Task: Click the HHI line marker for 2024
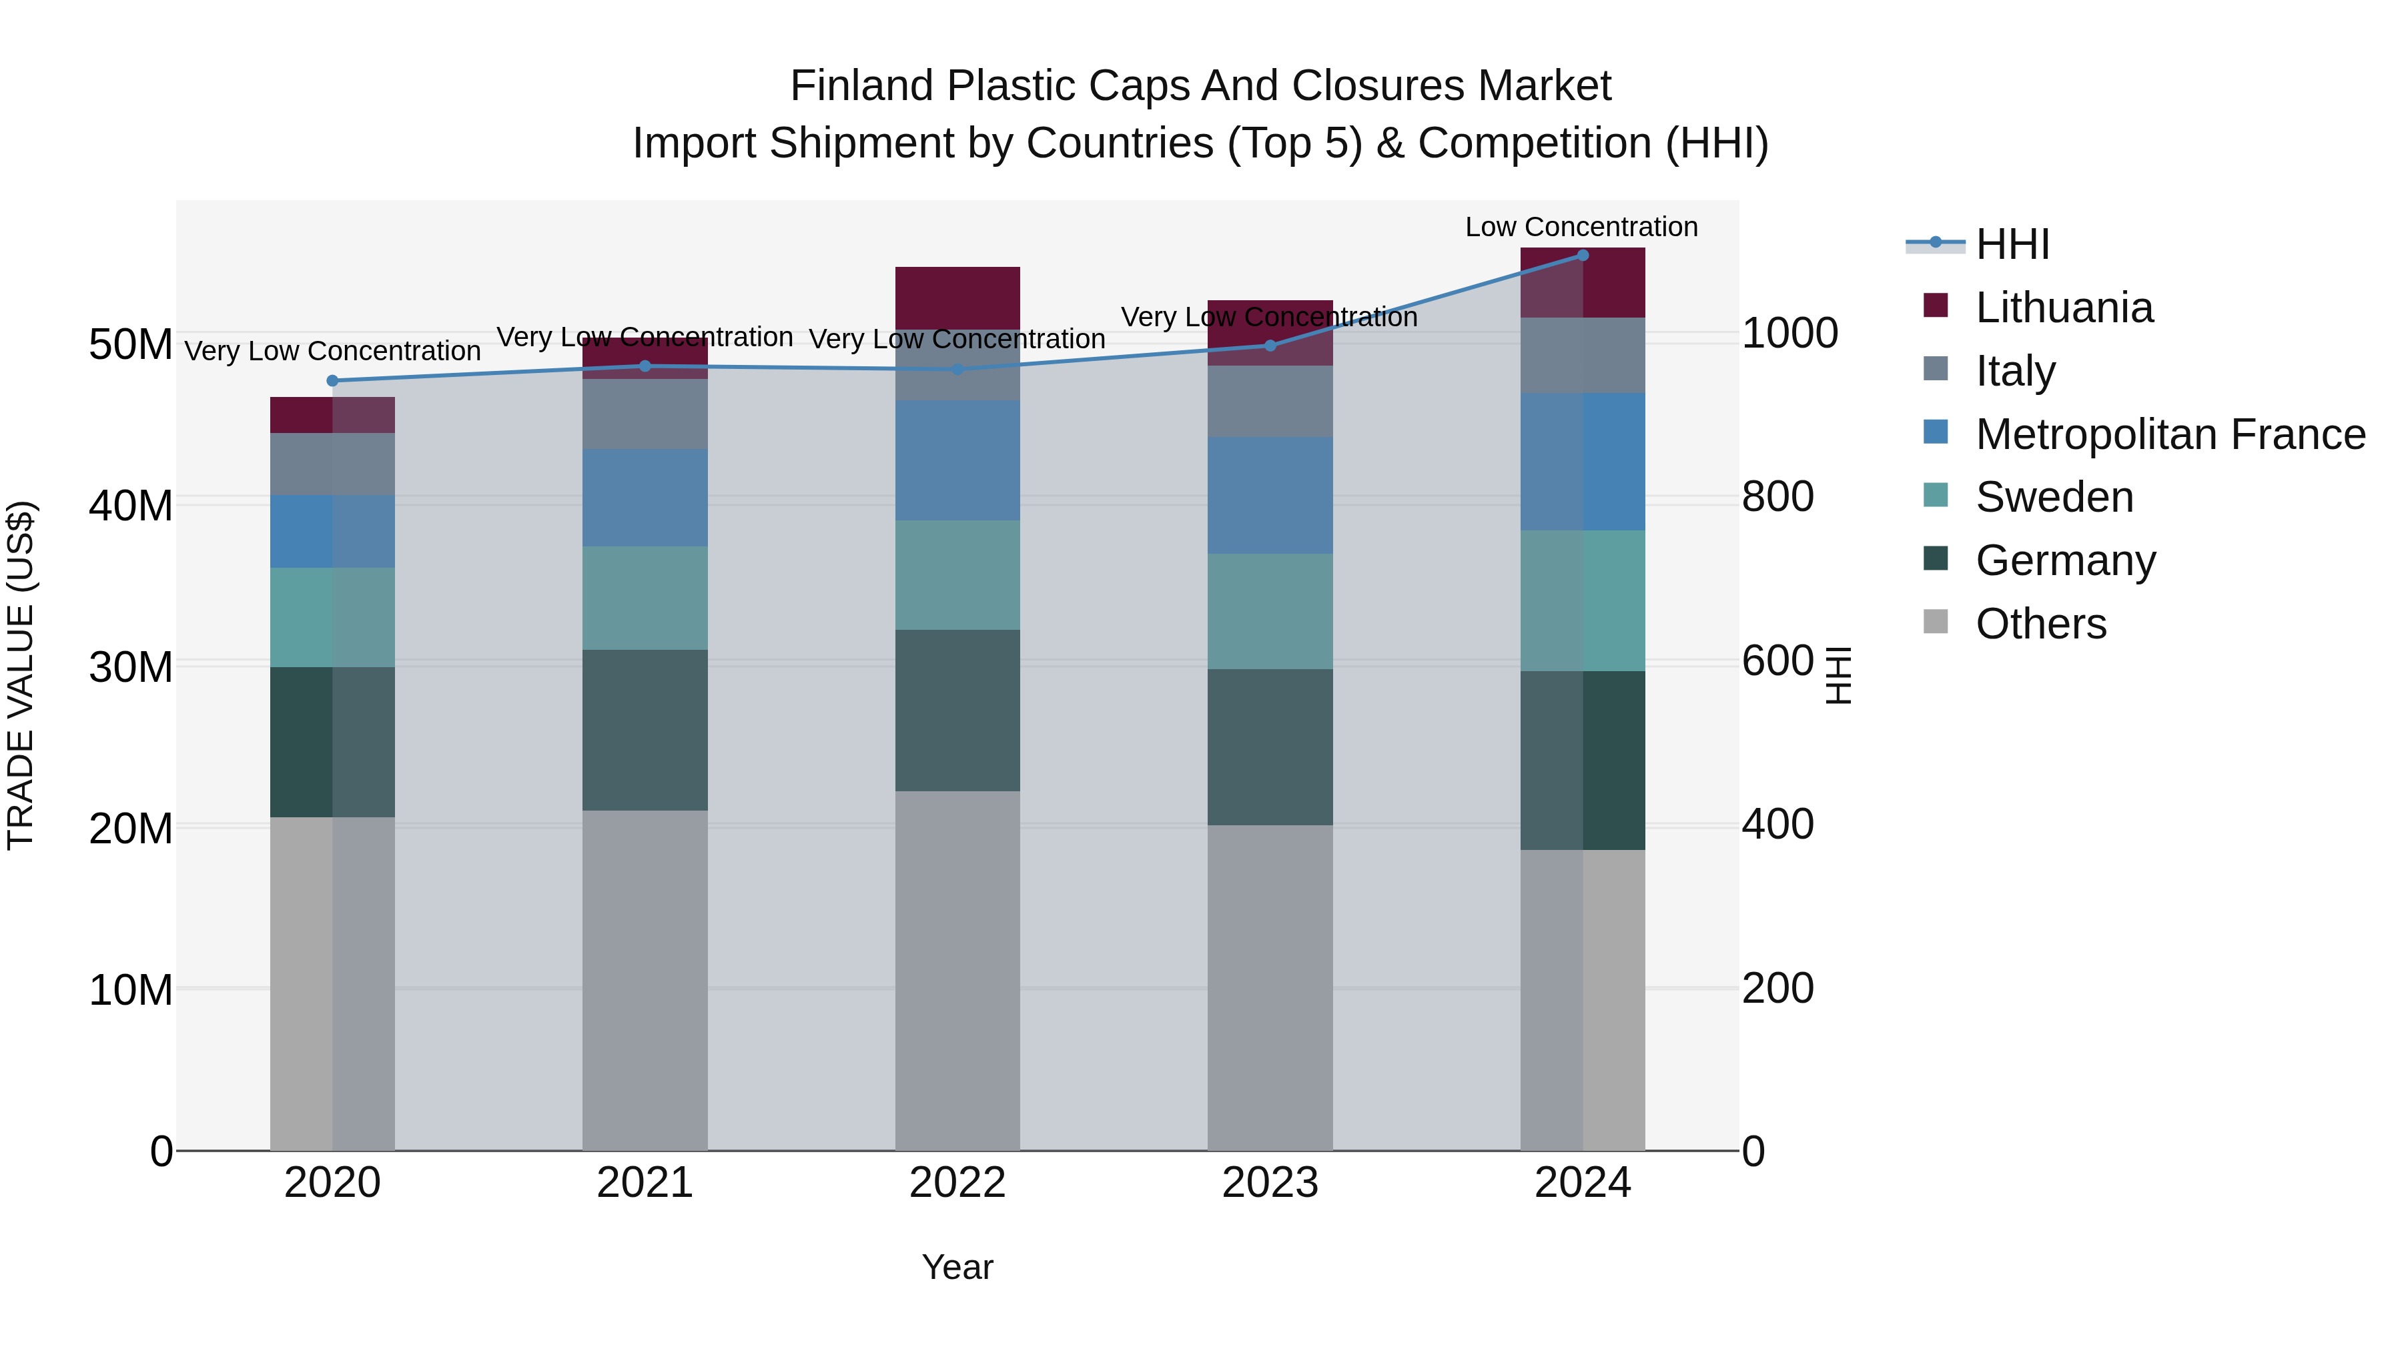coord(1583,256)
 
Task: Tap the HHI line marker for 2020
coord(332,380)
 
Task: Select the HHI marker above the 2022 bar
coord(957,369)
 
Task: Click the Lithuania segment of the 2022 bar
coord(957,296)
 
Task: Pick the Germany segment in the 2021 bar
coord(645,730)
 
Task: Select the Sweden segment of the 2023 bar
coord(1270,612)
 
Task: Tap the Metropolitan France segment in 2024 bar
coord(1583,462)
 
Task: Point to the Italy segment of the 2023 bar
coord(1270,401)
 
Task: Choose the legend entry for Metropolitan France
coord(2170,434)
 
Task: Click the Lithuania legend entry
coord(2064,308)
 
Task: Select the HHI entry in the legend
coord(2012,244)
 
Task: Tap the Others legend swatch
coord(1936,622)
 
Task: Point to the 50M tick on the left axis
coord(131,345)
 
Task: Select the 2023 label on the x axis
coord(1270,1183)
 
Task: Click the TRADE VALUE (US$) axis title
coord(21,675)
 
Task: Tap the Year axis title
coord(957,1267)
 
